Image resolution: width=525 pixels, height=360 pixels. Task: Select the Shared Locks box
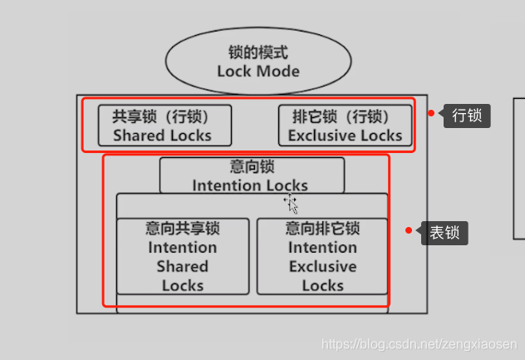[x=164, y=126]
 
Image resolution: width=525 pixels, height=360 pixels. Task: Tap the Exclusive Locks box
[x=345, y=126]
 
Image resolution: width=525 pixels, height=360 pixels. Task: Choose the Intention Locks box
[x=251, y=175]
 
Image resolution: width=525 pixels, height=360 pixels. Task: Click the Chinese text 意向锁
[x=251, y=166]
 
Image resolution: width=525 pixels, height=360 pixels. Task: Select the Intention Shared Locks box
[x=182, y=256]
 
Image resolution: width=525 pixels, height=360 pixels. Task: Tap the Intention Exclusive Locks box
[x=322, y=256]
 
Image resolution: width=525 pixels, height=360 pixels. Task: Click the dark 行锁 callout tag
[x=467, y=115]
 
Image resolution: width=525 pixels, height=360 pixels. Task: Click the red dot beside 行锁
[x=431, y=113]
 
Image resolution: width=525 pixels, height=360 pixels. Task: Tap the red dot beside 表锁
[x=409, y=230]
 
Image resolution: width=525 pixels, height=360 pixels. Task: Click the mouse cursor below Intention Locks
[x=291, y=202]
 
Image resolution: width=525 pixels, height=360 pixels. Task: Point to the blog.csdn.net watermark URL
[x=420, y=344]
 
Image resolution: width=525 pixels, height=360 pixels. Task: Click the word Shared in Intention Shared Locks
[x=182, y=267]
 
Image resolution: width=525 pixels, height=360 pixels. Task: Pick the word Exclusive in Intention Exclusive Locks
[x=322, y=267]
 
